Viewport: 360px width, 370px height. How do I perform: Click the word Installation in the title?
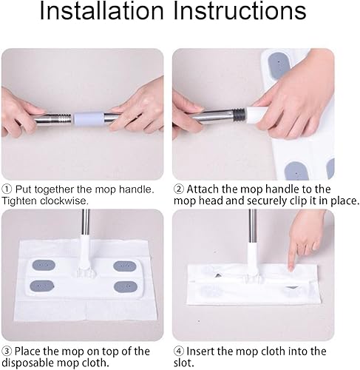pos(101,11)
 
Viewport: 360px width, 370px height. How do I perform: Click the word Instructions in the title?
pos(240,11)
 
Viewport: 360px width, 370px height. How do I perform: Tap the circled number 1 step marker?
pos(7,189)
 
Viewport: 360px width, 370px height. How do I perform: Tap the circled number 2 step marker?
pos(179,189)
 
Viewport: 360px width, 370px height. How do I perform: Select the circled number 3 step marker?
pos(7,351)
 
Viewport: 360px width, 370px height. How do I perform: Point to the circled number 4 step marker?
pos(179,351)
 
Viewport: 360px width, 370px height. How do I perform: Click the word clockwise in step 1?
pos(64,201)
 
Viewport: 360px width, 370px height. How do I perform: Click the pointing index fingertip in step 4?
pos(291,268)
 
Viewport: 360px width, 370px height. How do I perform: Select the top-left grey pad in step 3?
pos(44,265)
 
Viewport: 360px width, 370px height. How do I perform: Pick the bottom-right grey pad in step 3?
pos(126,286)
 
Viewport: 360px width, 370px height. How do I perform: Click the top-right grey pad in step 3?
pos(125,266)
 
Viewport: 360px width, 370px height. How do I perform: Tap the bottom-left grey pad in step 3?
pos(42,286)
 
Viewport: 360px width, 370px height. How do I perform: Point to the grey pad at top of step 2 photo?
pos(279,66)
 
